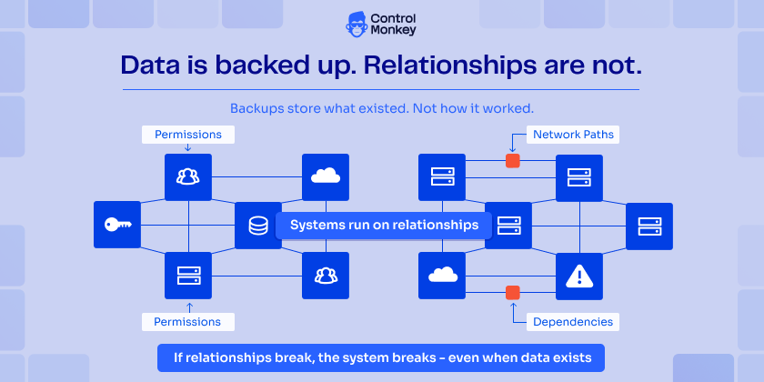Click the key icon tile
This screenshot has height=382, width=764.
[117, 225]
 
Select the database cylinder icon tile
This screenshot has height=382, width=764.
[258, 225]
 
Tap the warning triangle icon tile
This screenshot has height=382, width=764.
[579, 276]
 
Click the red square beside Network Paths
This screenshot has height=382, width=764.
[513, 161]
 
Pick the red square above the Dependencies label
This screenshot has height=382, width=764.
[513, 293]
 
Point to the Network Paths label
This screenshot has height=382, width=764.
[573, 135]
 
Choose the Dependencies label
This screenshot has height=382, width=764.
[573, 321]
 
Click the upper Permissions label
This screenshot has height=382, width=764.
[187, 135]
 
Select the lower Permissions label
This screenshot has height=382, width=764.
[187, 321]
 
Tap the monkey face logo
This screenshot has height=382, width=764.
[357, 25]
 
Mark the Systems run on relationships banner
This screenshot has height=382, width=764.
[384, 225]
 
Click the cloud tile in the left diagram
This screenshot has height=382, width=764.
[326, 176]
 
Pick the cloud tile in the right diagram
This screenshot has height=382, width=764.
[442, 276]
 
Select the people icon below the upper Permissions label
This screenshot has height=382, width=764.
[187, 176]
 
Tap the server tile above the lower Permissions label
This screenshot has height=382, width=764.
[187, 276]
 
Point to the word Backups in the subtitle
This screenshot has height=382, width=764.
[257, 107]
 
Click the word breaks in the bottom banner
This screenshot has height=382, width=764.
[405, 355]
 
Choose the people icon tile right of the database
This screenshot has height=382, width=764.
[326, 276]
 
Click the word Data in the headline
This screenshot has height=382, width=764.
[148, 65]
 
